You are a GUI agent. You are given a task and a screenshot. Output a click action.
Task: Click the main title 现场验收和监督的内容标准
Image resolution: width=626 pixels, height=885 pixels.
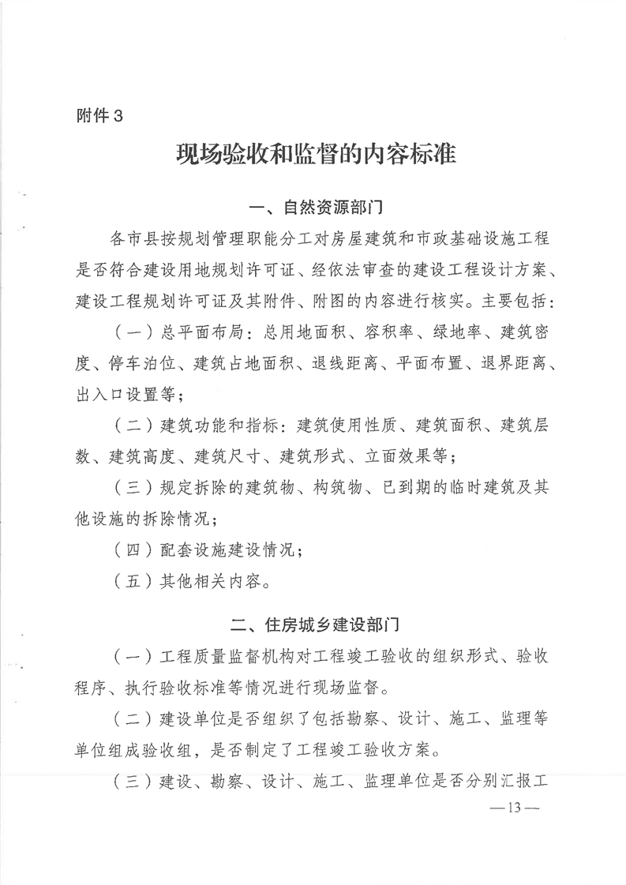[x=316, y=153]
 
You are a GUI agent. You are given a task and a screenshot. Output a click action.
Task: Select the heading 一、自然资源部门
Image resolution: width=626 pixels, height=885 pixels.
[x=316, y=209]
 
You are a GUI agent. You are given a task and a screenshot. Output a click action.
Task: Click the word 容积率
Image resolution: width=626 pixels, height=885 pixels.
[x=387, y=332]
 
